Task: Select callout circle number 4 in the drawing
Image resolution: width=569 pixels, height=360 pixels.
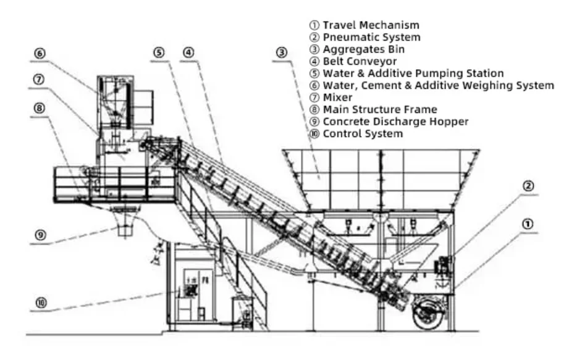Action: pyautogui.click(x=189, y=53)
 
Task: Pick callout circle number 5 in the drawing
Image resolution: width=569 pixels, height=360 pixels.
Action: pyautogui.click(x=159, y=53)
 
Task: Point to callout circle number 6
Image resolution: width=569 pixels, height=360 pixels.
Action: pyautogui.click(x=40, y=54)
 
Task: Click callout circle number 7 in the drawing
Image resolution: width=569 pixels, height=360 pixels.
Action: pyautogui.click(x=40, y=80)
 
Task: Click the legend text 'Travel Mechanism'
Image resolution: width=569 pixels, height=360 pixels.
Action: pyautogui.click(x=371, y=25)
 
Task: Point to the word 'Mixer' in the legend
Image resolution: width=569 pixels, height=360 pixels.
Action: pyautogui.click(x=338, y=98)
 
